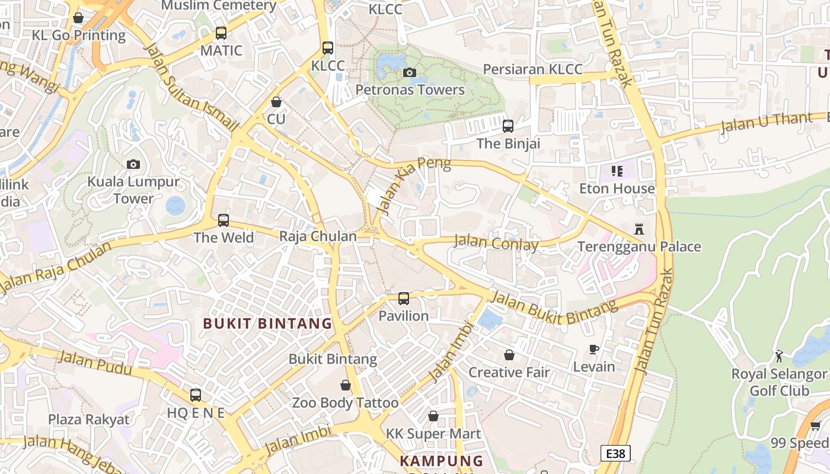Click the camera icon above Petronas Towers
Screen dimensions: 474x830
tap(409, 73)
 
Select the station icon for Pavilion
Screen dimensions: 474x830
tap(404, 298)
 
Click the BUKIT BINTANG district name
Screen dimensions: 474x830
tap(267, 324)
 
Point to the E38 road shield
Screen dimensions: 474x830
tap(615, 454)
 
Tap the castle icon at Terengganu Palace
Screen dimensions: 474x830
tap(639, 229)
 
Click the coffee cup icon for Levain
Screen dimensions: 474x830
tap(594, 349)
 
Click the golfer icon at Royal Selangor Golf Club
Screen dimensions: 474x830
tap(779, 356)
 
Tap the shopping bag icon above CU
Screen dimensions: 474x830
tap(276, 102)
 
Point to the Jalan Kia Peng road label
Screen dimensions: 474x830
tap(413, 184)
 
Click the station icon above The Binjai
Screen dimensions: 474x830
tap(508, 126)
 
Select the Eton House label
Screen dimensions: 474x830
tap(617, 188)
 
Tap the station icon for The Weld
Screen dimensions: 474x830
tap(224, 220)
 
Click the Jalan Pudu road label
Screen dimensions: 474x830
tap(95, 363)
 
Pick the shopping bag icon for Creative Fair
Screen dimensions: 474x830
tap(509, 355)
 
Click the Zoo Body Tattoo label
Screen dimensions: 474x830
tap(345, 403)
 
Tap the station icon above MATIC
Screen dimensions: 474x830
tap(221, 33)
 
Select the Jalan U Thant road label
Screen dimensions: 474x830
tap(766, 123)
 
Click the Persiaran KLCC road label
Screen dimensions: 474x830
tap(532, 69)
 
